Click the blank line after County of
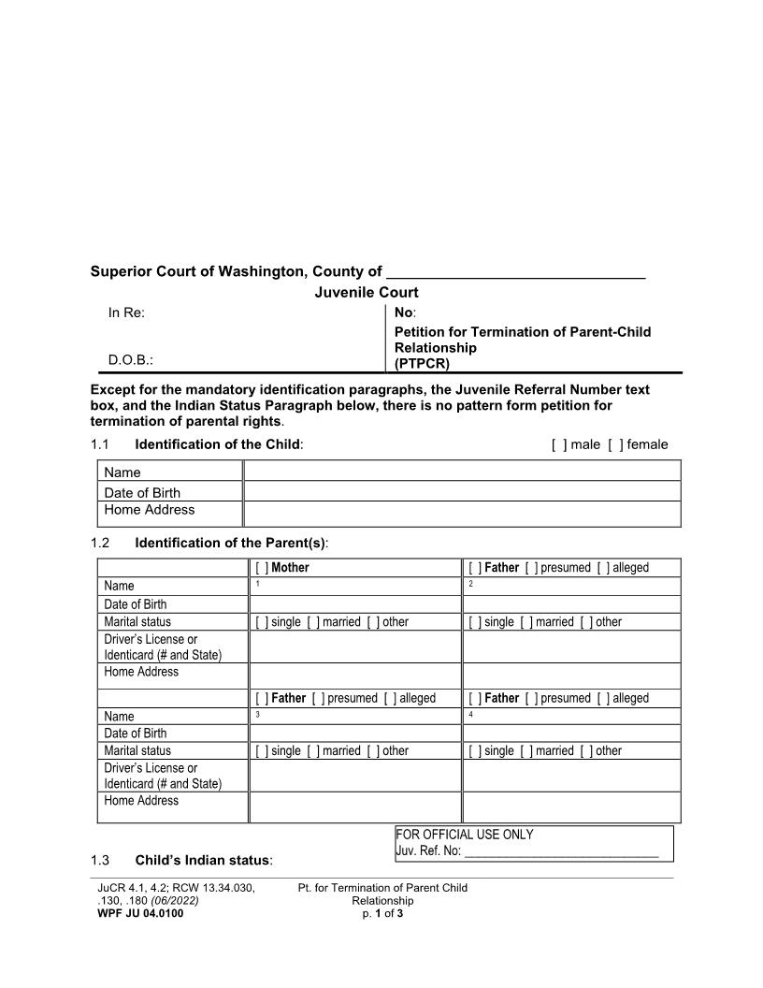[515, 272]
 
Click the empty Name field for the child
[462, 471]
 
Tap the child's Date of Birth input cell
[462, 491]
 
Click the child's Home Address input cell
[462, 513]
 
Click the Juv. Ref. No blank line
[561, 851]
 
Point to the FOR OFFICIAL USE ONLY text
[465, 835]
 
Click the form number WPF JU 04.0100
[140, 914]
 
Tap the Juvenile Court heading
[366, 293]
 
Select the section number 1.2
[100, 543]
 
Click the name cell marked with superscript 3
[355, 716]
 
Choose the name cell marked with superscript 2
[571, 587]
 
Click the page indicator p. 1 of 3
[382, 914]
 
